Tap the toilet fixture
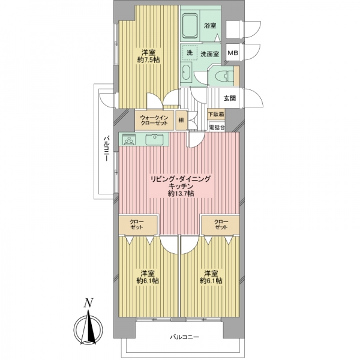(225, 75)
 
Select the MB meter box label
(233, 53)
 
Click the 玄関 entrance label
(230, 98)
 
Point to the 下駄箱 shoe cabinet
(216, 114)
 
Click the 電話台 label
(217, 128)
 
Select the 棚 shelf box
(181, 120)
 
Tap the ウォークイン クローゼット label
(154, 121)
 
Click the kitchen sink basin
(155, 139)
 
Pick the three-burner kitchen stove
(129, 140)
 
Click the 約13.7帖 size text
(181, 194)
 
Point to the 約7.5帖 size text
(149, 60)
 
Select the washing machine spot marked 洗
(190, 53)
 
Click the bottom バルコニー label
(185, 337)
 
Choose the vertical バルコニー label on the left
(106, 149)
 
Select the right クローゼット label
(221, 224)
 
